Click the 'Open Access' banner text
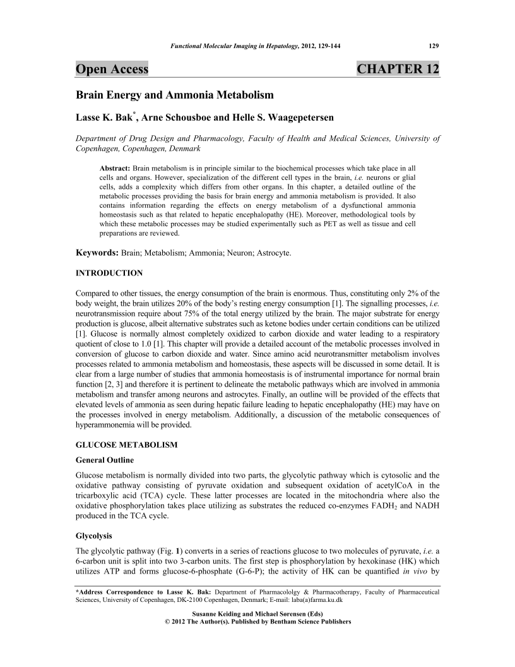click(112, 69)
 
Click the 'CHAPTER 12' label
click(398, 69)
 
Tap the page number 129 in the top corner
click(434, 45)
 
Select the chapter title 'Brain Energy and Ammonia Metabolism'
click(174, 95)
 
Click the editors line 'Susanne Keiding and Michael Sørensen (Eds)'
click(257, 613)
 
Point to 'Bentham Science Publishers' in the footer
click(305, 622)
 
